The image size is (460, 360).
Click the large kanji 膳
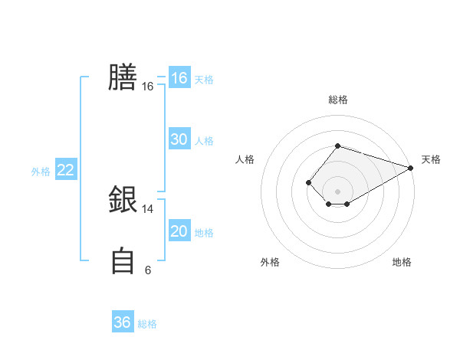pos(123,78)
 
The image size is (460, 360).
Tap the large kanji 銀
pos(123,200)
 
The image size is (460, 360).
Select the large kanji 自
pos(123,260)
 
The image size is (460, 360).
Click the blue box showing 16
pos(179,78)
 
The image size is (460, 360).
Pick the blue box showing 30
pos(179,139)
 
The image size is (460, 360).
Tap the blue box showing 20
pos(179,231)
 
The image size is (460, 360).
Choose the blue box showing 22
pos(65,170)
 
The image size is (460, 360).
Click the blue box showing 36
pos(122,322)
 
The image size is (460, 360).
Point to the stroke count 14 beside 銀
pos(147,208)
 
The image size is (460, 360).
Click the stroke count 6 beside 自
pos(147,270)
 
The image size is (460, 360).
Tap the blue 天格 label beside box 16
pos(204,79)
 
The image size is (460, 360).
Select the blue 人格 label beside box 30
pos(204,140)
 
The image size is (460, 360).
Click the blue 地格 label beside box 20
pos(204,232)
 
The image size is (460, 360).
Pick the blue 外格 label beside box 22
pos(41,171)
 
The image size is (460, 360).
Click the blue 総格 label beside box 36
pos(147,323)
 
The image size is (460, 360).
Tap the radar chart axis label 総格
pos(337,100)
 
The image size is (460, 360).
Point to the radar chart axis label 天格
pos(431,159)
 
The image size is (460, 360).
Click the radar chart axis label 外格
pos(270,262)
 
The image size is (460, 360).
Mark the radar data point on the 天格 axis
pos(411,168)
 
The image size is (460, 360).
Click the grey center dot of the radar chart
pos(337,191)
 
